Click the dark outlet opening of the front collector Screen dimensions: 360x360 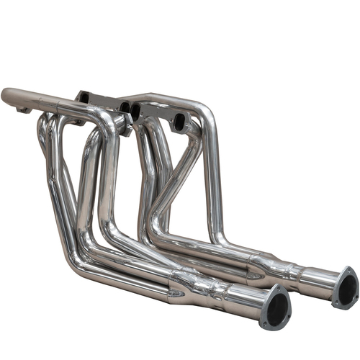pos(275,307)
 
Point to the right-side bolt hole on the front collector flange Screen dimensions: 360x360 pos(287,306)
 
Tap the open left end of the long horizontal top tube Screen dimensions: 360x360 pos(6,96)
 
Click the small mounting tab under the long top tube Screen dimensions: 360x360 pos(24,110)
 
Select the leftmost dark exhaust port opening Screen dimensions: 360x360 pos(84,97)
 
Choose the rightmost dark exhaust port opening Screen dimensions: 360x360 pos(176,124)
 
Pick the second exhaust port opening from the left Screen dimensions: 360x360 pos(125,107)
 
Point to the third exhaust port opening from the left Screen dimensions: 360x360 pos(135,112)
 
